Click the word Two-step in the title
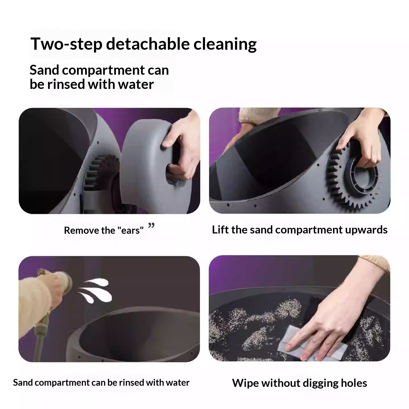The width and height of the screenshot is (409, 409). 66,44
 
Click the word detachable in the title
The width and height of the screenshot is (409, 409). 148,44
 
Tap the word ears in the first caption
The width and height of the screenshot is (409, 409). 130,231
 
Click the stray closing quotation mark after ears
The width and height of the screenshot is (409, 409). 151,225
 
